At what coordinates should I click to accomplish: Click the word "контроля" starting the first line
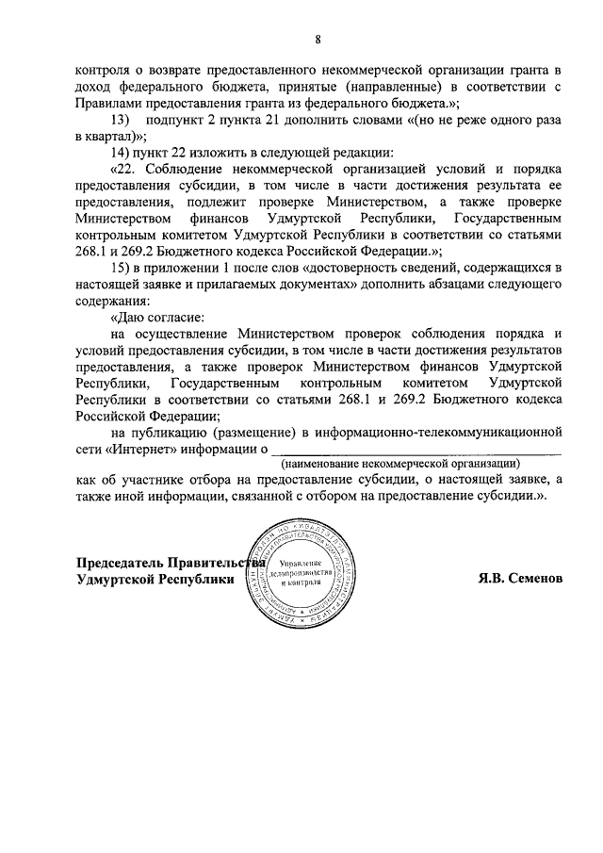tap(103, 71)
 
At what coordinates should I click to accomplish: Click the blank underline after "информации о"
tap(416, 453)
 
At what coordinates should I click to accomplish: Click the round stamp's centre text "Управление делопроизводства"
tap(299, 571)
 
